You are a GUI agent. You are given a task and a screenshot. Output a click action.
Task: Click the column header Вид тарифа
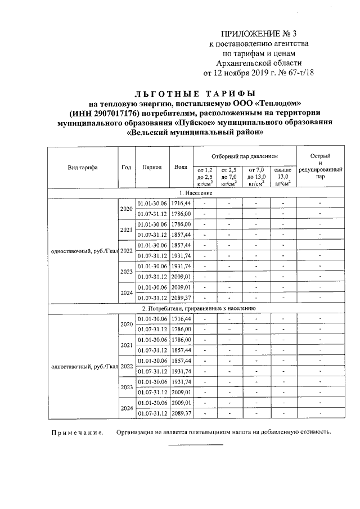83,168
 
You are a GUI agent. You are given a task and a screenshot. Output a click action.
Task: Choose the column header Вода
181,167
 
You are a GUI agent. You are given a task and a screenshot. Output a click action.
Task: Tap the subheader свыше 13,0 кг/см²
282,176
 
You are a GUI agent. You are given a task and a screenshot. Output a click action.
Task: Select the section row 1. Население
195,193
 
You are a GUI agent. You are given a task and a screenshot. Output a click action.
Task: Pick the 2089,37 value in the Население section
181,298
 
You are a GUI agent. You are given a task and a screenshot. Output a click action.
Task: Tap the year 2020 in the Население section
126,209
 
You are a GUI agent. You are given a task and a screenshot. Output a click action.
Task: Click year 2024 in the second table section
126,408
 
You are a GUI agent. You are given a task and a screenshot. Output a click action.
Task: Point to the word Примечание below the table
78,433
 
